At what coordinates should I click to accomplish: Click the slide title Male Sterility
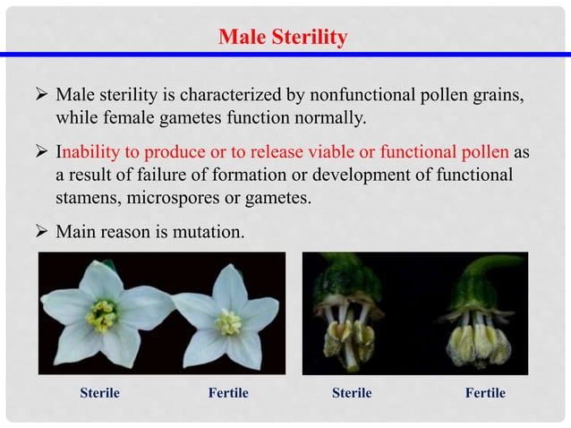tap(283, 38)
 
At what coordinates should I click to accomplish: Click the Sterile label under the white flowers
tap(99, 393)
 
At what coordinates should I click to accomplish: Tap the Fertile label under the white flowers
tap(227, 393)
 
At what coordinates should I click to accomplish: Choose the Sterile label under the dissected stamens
tap(352, 393)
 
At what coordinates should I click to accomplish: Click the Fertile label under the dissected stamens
tap(485, 393)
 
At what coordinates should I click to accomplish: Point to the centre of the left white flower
tap(100, 314)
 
